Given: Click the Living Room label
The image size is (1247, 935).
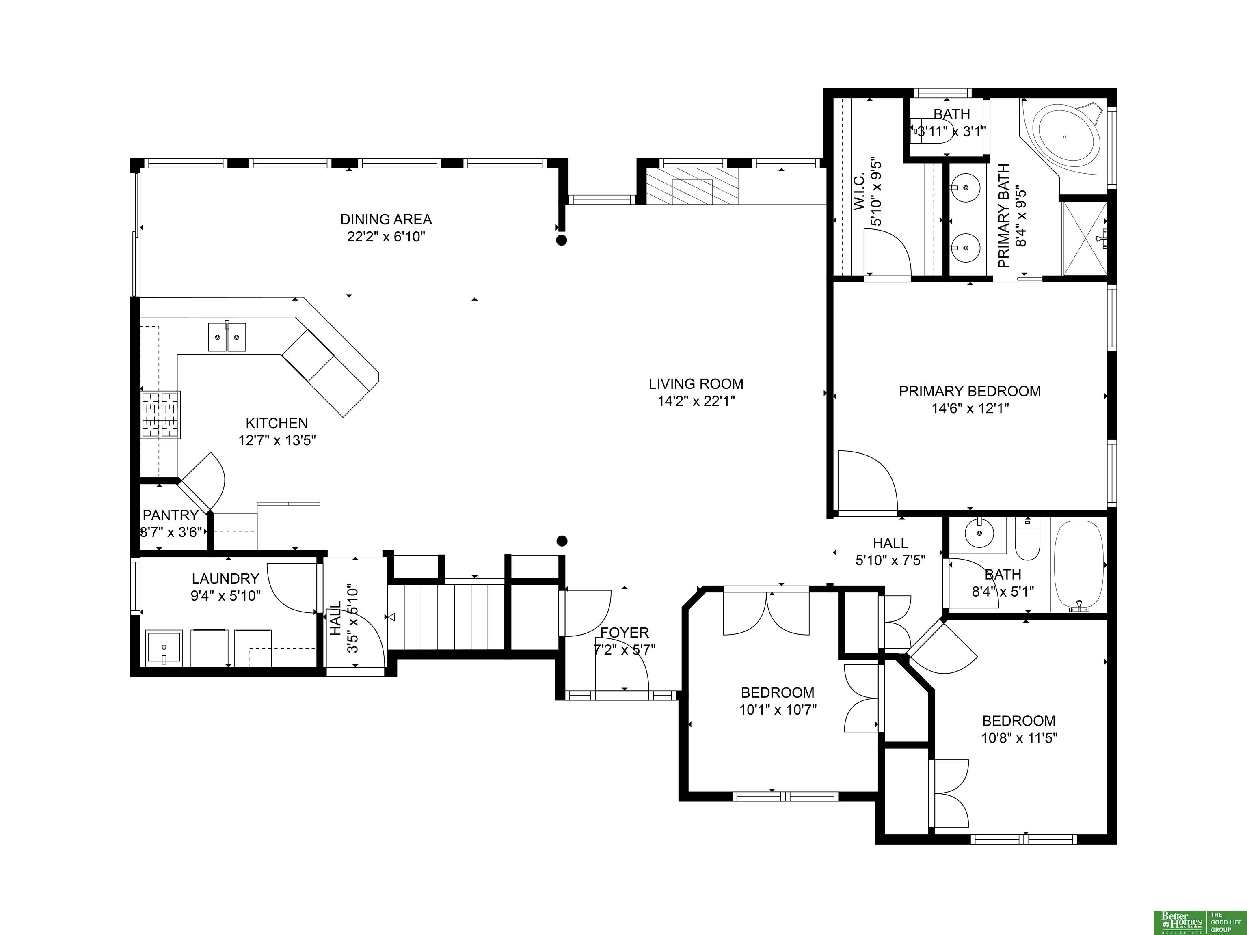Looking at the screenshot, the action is (x=696, y=384).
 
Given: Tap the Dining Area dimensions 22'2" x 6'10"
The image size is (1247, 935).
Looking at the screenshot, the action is (x=386, y=237).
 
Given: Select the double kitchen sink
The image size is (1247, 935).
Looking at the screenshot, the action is (x=227, y=337).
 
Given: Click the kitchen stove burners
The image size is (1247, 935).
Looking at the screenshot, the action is (x=161, y=415).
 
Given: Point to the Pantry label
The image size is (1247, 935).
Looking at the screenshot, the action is (x=170, y=515).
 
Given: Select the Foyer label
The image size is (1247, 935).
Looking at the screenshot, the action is (x=624, y=633).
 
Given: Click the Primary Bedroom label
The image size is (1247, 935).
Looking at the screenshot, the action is (x=970, y=391).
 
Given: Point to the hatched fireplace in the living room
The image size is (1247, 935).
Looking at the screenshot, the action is (x=692, y=186).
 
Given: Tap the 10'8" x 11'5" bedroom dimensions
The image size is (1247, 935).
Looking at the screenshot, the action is (x=1019, y=738).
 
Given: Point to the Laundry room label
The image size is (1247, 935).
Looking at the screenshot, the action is (x=225, y=578).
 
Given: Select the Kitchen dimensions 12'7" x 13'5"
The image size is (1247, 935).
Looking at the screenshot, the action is (x=277, y=440).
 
